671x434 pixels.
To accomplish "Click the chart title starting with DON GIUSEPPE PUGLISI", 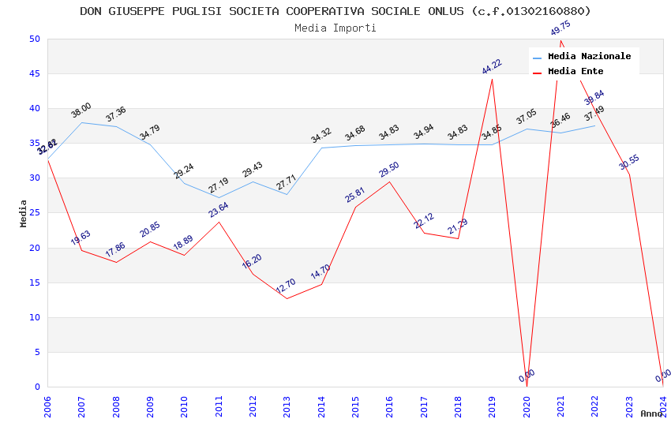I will [335, 11].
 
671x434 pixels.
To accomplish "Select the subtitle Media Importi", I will [335, 28].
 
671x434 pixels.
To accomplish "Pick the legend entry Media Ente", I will [575, 72].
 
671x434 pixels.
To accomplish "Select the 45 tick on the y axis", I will [34, 74].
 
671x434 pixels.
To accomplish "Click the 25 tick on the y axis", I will [34, 178].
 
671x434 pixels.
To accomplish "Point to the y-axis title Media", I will [24, 213].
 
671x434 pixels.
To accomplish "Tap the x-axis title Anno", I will [651, 413].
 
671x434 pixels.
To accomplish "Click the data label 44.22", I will [492, 66].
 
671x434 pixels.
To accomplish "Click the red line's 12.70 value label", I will [286, 285].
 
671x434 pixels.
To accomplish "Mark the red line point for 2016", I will [389, 182].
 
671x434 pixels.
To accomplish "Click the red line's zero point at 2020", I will [527, 386].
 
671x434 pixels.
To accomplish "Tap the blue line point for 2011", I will [219, 197].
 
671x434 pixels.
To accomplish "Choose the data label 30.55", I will [629, 163].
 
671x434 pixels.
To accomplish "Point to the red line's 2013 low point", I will [287, 298].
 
